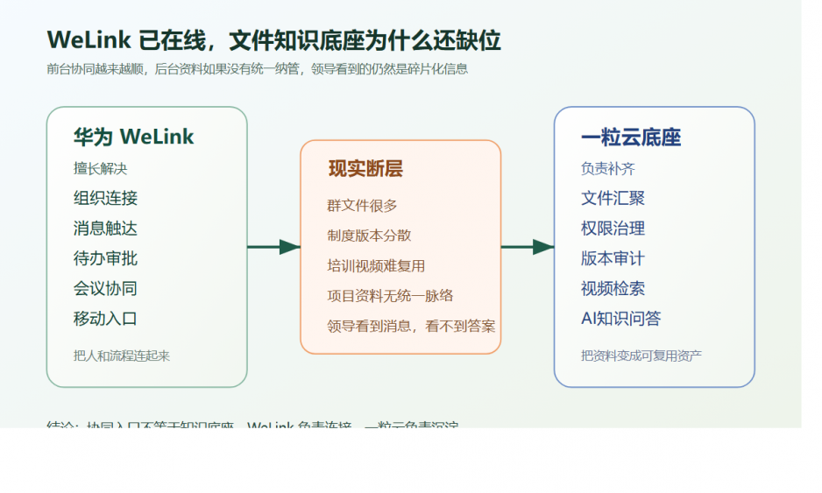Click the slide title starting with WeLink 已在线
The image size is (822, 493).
click(273, 40)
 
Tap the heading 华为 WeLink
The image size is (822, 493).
click(133, 137)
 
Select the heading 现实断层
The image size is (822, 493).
click(365, 169)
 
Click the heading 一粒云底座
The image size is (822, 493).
click(630, 137)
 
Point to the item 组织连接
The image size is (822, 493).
click(105, 199)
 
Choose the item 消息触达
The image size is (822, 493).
click(105, 229)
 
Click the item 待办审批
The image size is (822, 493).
click(105, 258)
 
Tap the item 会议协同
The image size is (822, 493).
click(105, 288)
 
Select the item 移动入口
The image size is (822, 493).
click(105, 319)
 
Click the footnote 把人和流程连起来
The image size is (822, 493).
click(122, 356)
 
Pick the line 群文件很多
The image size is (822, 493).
click(362, 206)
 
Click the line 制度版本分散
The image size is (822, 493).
click(369, 236)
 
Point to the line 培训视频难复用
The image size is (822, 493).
click(376, 265)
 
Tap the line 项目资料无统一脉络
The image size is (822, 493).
click(390, 296)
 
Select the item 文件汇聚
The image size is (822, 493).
click(613, 199)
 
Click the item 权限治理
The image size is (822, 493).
click(613, 229)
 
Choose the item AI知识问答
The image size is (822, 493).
click(620, 319)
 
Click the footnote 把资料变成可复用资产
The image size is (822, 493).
click(641, 356)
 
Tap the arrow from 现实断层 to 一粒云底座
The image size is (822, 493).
click(528, 247)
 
